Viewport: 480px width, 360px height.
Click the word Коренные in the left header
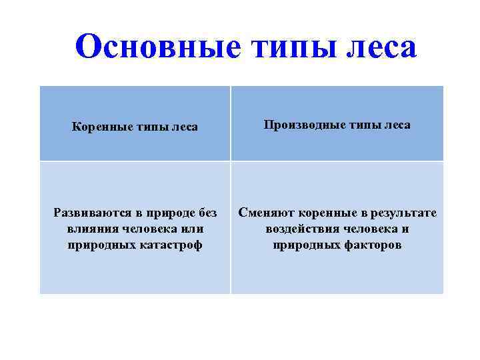[99, 127]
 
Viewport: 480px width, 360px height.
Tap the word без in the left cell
[207, 213]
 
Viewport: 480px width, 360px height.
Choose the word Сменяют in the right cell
[267, 213]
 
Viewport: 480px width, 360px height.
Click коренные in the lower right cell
[325, 213]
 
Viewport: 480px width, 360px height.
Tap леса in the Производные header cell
[396, 125]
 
